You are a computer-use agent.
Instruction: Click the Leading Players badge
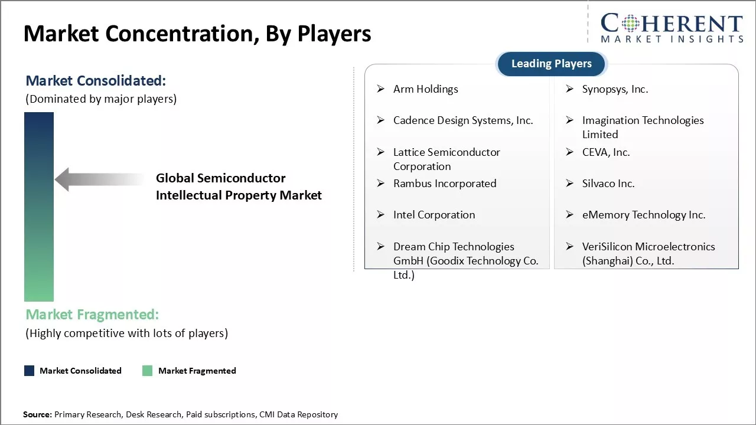pos(551,64)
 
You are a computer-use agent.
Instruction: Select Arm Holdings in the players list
pos(425,89)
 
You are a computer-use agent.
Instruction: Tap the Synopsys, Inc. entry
pos(615,89)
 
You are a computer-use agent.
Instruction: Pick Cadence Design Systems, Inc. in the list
pos(463,120)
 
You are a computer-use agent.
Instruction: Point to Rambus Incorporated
pos(445,184)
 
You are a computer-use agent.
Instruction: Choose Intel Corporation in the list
pos(434,215)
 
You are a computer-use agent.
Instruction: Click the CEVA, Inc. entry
pos(606,152)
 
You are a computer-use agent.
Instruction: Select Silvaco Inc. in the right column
pos(608,184)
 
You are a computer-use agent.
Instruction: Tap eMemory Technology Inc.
pos(644,215)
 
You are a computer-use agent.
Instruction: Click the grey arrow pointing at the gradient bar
pos(97,179)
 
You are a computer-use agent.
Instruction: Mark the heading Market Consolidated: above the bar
pos(96,80)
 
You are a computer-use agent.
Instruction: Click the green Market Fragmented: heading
pos(92,314)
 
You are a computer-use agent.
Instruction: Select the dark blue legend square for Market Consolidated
pos(29,371)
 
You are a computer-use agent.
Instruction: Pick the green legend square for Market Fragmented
pos(148,371)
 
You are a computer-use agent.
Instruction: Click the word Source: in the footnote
pos(37,415)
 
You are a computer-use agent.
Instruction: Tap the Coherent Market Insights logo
pos(672,28)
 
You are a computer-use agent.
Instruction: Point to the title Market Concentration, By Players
pos(197,34)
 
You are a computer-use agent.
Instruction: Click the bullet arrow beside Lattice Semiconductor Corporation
pos(381,152)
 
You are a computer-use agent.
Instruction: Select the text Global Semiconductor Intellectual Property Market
pos(239,187)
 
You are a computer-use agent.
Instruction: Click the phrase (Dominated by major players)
pos(101,99)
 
